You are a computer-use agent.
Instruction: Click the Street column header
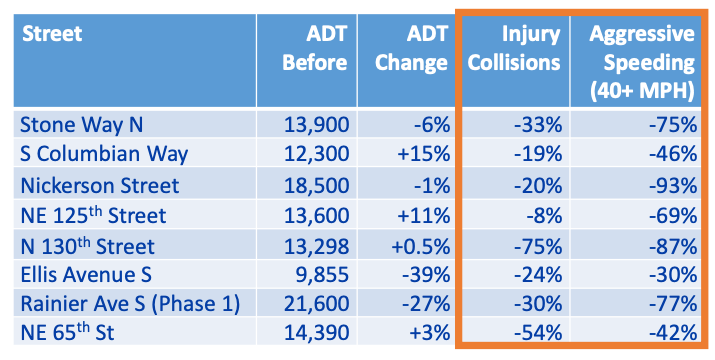tap(52, 35)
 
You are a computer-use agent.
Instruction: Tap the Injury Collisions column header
tap(518, 48)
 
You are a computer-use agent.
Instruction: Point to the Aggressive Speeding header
tap(641, 61)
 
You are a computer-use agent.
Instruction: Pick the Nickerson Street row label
tap(99, 185)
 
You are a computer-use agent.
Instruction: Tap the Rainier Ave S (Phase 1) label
tap(130, 305)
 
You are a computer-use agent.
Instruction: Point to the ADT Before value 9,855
tap(323, 275)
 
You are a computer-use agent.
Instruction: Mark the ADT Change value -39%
tap(424, 275)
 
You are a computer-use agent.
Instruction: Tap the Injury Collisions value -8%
tap(540, 215)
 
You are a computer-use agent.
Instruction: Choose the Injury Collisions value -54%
tap(534, 335)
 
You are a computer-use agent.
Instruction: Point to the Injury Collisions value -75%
tap(534, 245)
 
